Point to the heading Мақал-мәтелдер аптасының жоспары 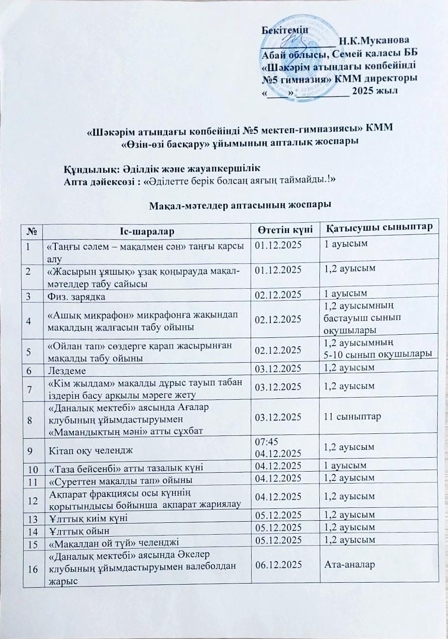(x=240, y=206)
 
